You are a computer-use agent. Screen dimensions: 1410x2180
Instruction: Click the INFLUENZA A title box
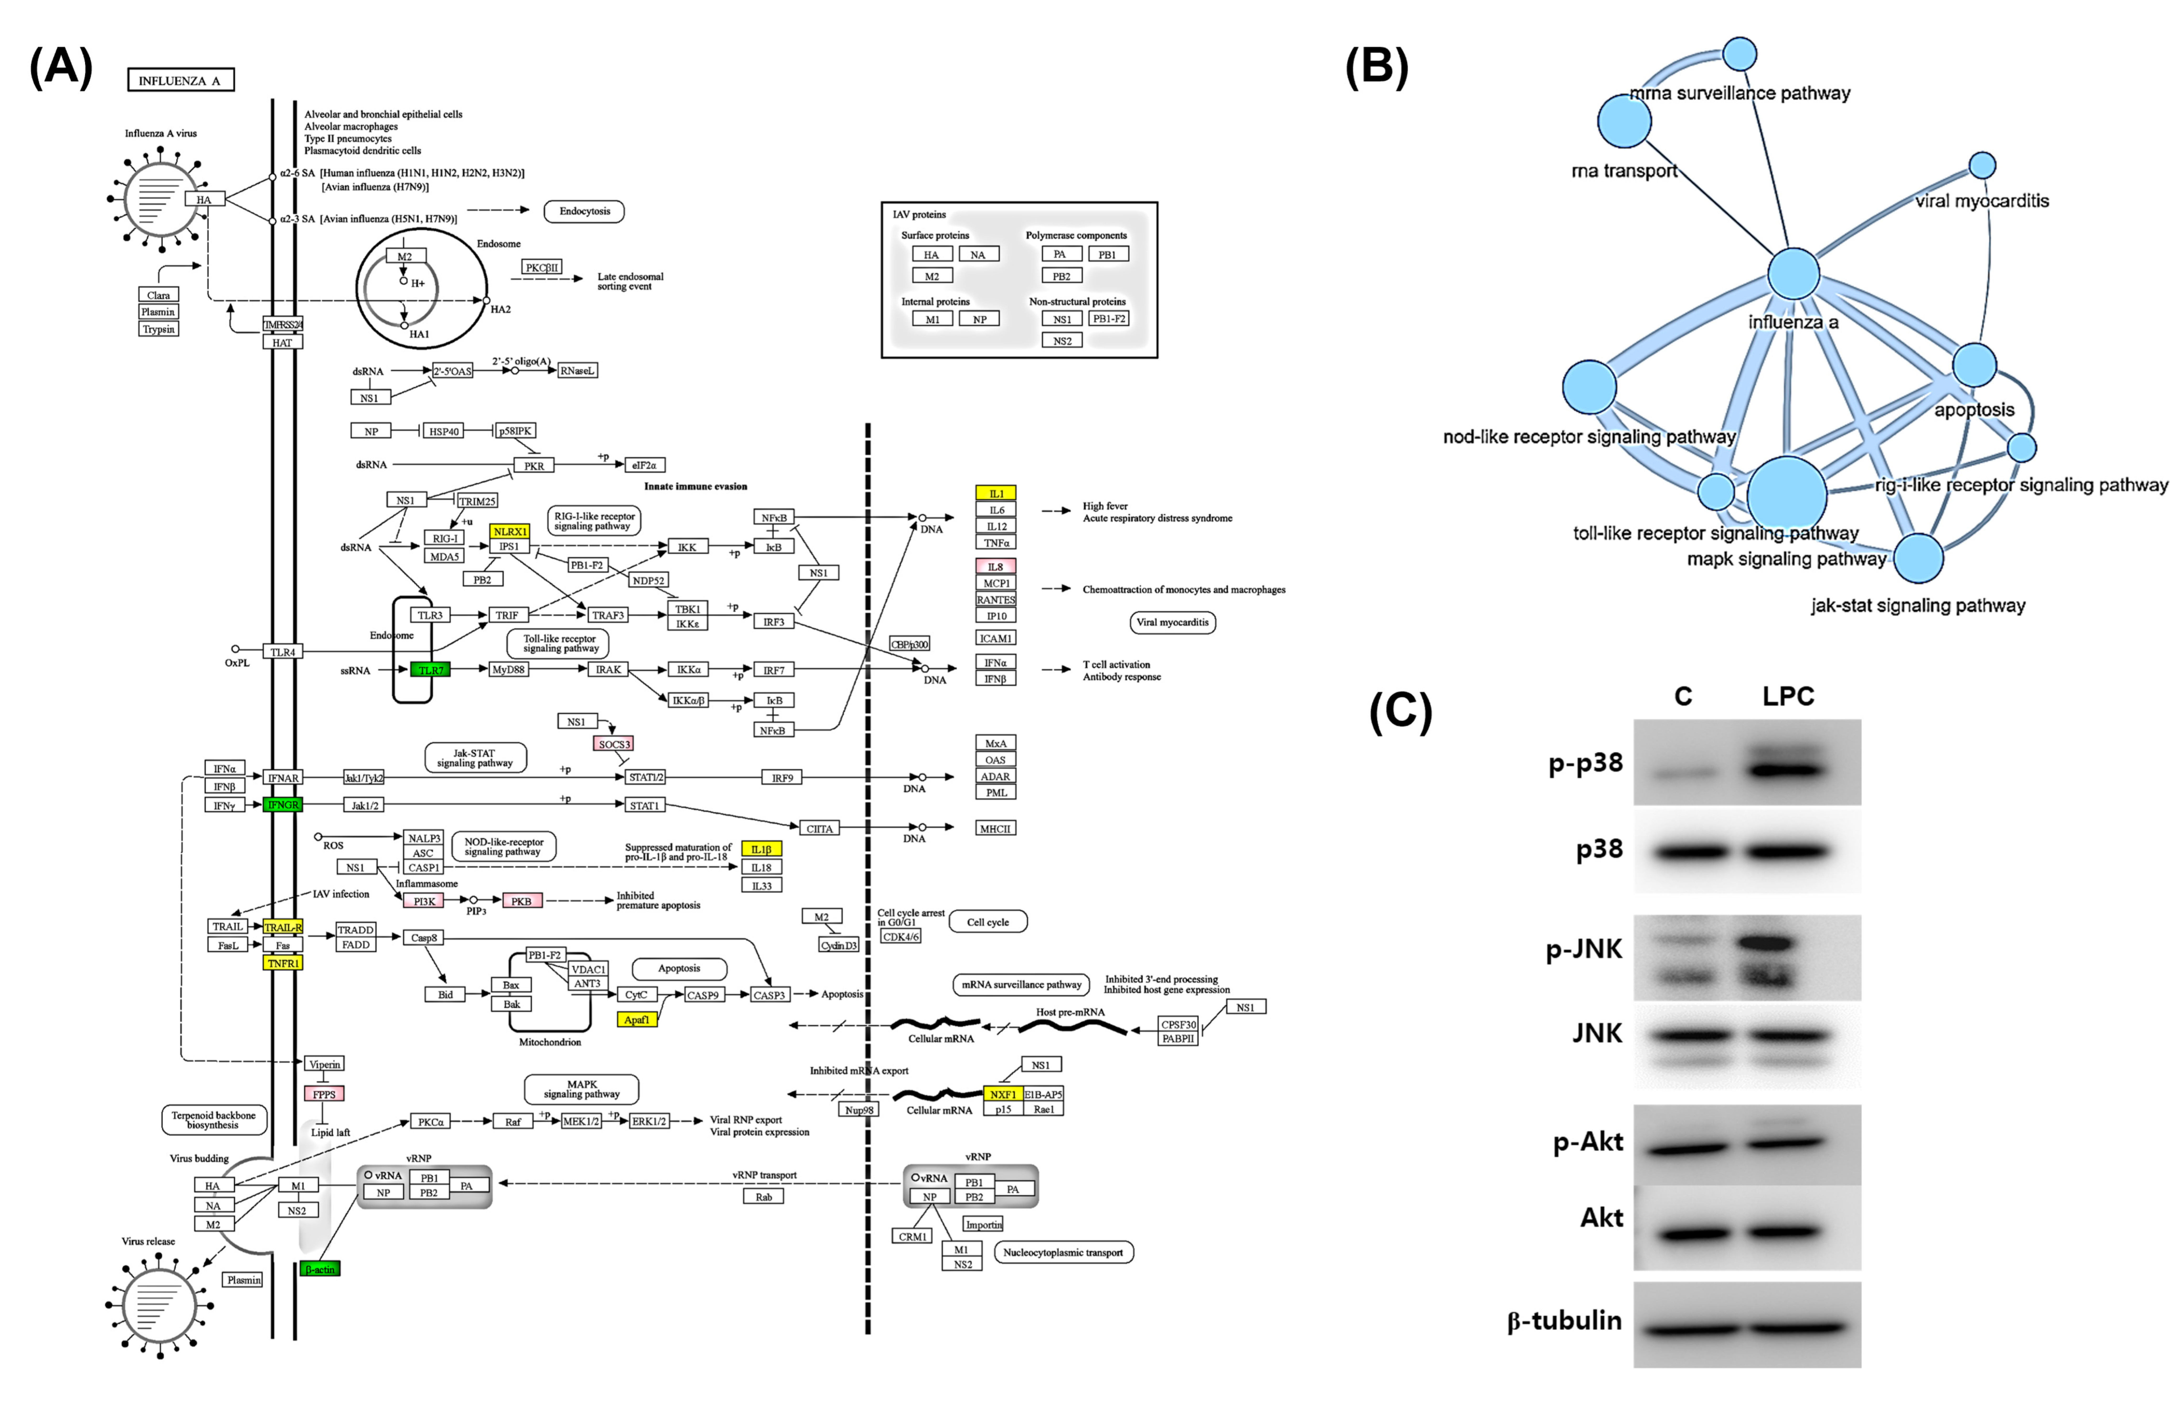pos(181,81)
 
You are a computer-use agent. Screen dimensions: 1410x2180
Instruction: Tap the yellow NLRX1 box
pos(509,531)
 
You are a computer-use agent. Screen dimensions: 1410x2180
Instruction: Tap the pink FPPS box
pos(324,1094)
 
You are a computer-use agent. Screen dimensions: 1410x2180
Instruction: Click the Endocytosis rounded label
pos(584,211)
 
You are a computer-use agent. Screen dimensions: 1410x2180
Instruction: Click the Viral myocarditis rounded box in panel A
pos(1173,623)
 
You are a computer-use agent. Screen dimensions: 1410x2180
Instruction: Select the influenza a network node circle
pos(1792,273)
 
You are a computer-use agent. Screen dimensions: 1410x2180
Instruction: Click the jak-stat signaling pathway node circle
pos(1918,557)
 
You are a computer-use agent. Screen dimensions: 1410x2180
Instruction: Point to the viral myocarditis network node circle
pos(1982,166)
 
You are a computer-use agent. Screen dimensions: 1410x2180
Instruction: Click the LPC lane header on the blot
pos(1788,697)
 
